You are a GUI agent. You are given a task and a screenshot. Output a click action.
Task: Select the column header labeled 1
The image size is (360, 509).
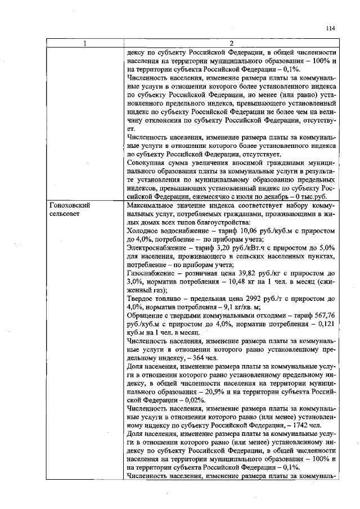[x=85, y=44]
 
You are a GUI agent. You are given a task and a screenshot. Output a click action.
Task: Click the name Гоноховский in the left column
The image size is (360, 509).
[x=70, y=206]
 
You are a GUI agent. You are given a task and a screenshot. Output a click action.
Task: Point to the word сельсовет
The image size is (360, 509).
[x=65, y=215]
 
